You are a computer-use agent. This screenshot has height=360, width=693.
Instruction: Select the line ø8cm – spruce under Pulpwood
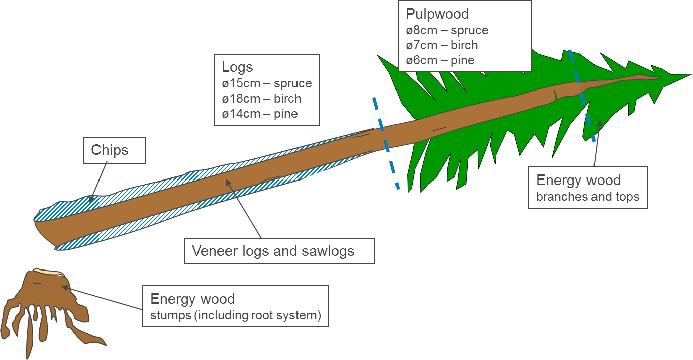pyautogui.click(x=447, y=30)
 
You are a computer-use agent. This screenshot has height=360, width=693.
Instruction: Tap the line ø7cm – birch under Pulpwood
pyautogui.click(x=442, y=45)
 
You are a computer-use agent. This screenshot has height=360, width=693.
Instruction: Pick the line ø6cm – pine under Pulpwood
pyautogui.click(x=440, y=60)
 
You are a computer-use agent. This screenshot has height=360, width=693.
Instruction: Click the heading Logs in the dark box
pyautogui.click(x=237, y=67)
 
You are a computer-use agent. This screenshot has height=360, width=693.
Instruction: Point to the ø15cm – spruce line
pyautogui.click(x=266, y=83)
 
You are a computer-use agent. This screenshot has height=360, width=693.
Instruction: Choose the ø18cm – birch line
pyautogui.click(x=261, y=99)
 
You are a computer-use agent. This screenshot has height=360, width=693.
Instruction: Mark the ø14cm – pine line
pyautogui.click(x=260, y=114)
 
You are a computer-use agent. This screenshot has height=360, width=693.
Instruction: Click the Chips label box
pyautogui.click(x=114, y=150)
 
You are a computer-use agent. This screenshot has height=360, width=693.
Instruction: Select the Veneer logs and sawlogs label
pyautogui.click(x=273, y=251)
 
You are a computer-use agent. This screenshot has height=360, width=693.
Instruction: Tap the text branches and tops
pyautogui.click(x=587, y=197)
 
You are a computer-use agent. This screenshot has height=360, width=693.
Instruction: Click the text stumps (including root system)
pyautogui.click(x=235, y=316)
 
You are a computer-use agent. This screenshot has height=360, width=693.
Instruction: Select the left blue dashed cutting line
pyautogui.click(x=386, y=143)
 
